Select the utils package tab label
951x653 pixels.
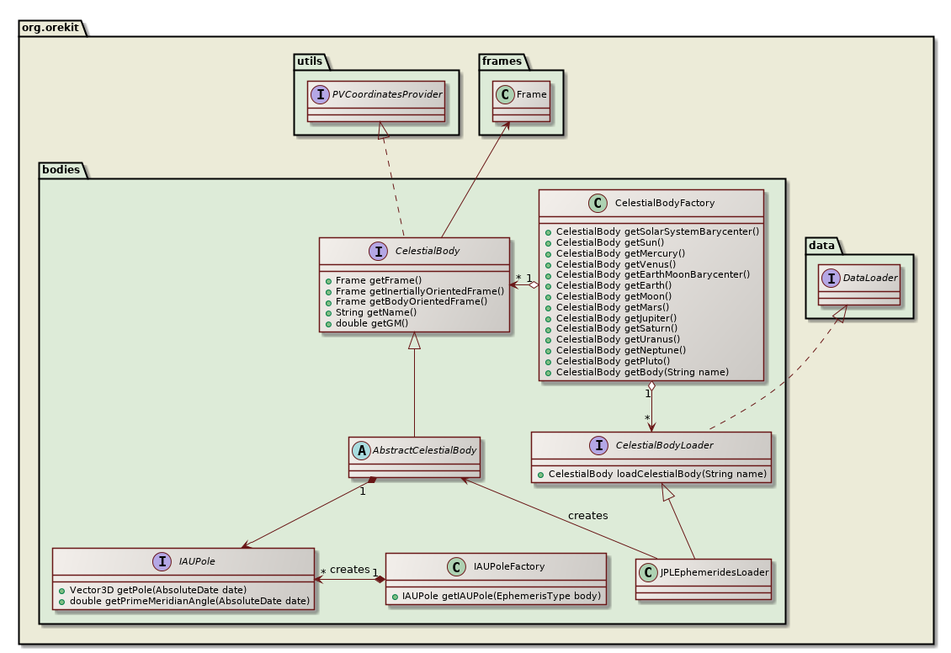[x=310, y=61]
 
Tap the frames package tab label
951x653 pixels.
[x=502, y=61]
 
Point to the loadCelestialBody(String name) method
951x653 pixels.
[x=656, y=474]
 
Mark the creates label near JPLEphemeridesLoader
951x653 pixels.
[x=587, y=515]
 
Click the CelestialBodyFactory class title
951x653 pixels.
[x=665, y=203]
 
